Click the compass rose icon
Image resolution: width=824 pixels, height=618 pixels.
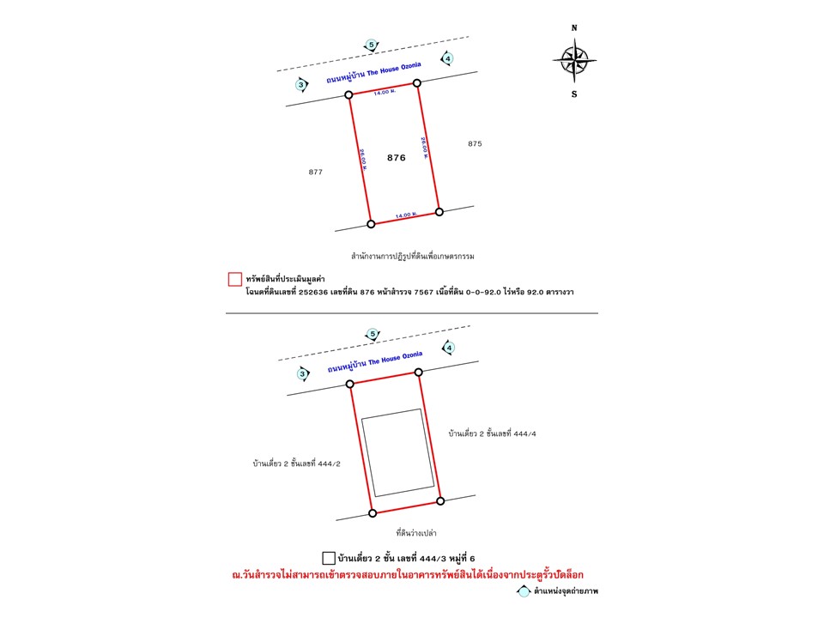[x=574, y=59]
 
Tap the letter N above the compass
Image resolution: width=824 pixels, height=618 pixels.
[x=574, y=27]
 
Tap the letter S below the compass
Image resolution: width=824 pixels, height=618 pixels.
[x=574, y=94]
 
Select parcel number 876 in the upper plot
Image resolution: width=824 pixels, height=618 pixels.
[x=396, y=158]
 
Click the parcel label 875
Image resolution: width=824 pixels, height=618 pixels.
[x=476, y=144]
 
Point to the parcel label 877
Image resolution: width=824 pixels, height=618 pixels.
[x=315, y=173]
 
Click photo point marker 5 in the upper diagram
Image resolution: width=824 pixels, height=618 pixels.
[x=371, y=45]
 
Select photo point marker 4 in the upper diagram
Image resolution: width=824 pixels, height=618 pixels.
[x=447, y=58]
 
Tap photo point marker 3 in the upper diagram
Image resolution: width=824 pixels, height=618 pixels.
[x=301, y=84]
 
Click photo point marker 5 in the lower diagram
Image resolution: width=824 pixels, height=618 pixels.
[x=373, y=334]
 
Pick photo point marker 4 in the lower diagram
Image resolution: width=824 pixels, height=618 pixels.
[x=448, y=348]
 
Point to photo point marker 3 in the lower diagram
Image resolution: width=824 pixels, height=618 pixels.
[x=302, y=373]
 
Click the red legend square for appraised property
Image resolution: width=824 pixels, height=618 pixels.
[x=233, y=279]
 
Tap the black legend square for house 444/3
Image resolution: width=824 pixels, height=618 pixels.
[x=327, y=557]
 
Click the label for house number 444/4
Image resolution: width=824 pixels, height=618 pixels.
[x=492, y=434]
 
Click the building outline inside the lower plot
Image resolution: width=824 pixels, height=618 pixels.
[x=396, y=453]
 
